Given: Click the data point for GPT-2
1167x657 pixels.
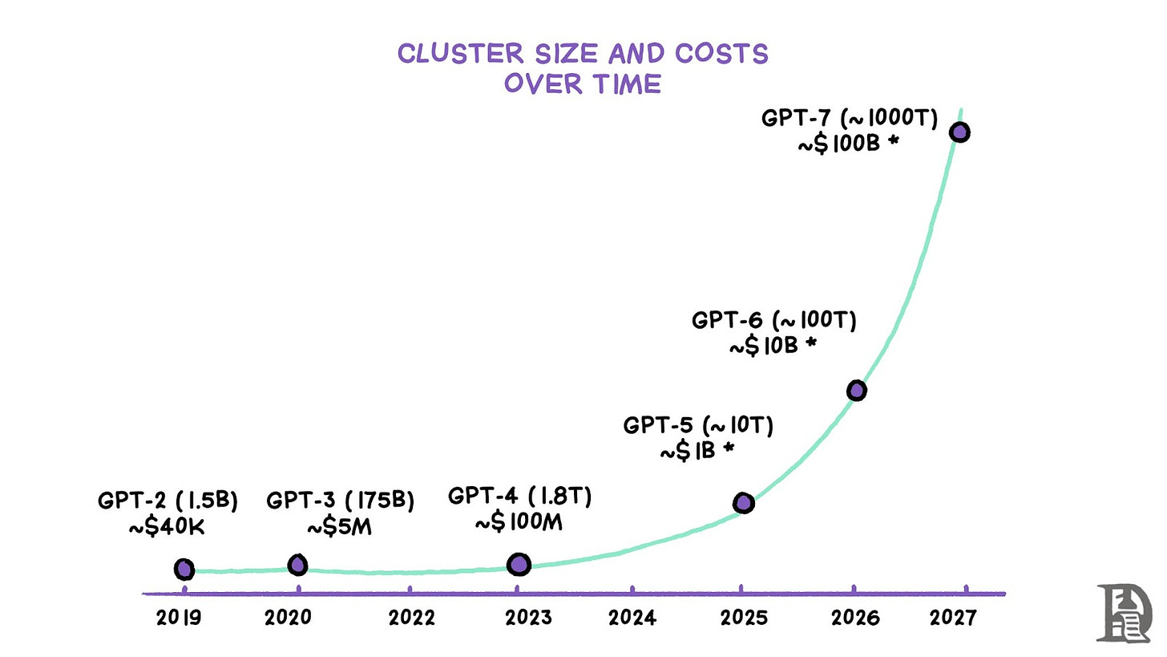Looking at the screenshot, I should pos(184,569).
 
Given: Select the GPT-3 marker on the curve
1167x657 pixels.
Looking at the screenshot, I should pos(297,565).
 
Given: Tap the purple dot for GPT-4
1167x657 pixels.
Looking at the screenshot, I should pos(519,565).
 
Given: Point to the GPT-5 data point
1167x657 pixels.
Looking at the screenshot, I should pos(744,503).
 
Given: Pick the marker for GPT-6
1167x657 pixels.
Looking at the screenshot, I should pos(857,391).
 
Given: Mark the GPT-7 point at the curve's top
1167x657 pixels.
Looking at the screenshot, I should pos(959,132).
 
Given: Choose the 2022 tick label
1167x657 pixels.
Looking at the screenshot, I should pos(411,618).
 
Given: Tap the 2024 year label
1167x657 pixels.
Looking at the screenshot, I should pos(632,618).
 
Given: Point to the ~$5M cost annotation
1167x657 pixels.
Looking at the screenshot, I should pos(340,528).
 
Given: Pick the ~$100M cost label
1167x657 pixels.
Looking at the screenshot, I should pos(519,523).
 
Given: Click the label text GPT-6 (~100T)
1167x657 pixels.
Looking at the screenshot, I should pos(774,322).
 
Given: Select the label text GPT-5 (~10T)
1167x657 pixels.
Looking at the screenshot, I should pos(698,425).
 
